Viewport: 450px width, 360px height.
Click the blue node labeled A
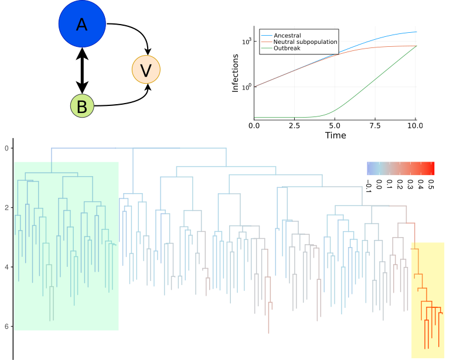pos(82,25)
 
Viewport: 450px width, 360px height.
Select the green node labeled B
pos(82,106)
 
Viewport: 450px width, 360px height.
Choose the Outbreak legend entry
pos(287,48)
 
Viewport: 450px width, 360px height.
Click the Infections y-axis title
pos(236,73)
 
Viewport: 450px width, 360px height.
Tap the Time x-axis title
pos(335,136)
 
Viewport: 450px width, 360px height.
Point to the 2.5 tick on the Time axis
pos(295,126)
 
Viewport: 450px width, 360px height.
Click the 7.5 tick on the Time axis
pos(376,126)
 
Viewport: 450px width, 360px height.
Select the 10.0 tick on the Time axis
pos(415,126)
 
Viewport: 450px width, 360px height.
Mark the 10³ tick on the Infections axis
pos(247,41)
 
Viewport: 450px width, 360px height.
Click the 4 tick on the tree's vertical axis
pos(6,267)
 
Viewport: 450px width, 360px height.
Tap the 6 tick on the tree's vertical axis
pos(6,327)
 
